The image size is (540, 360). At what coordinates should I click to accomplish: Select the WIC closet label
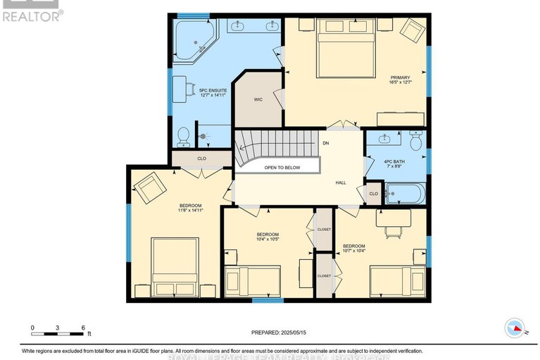click(x=258, y=100)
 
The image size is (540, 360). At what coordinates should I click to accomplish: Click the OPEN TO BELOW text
click(x=282, y=168)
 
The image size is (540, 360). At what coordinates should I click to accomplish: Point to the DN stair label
click(x=325, y=143)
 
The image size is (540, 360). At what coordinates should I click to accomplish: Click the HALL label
click(x=341, y=182)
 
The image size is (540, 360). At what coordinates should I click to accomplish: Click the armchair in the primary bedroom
click(x=413, y=31)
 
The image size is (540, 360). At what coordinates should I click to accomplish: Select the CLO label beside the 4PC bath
click(x=373, y=194)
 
